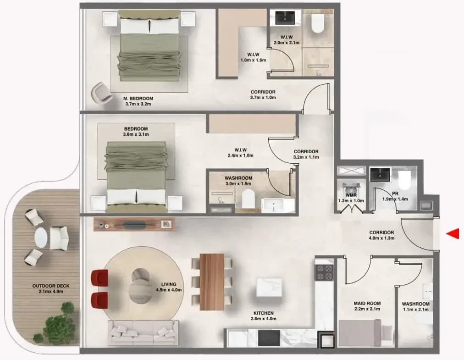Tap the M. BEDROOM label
tap(138, 99)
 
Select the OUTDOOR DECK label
tap(51, 286)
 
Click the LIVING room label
tap(169, 284)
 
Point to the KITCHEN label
tap(263, 313)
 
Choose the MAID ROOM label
tap(367, 304)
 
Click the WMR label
tap(351, 195)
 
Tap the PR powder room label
tap(395, 194)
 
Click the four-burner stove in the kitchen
tap(324, 273)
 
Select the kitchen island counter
tap(269, 287)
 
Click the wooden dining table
tap(212, 282)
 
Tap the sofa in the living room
tap(143, 332)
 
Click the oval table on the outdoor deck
tap(41, 238)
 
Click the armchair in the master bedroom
tap(101, 93)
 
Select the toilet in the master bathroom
tap(318, 23)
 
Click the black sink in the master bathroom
tap(285, 18)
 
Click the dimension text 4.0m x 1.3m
tap(381, 238)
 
